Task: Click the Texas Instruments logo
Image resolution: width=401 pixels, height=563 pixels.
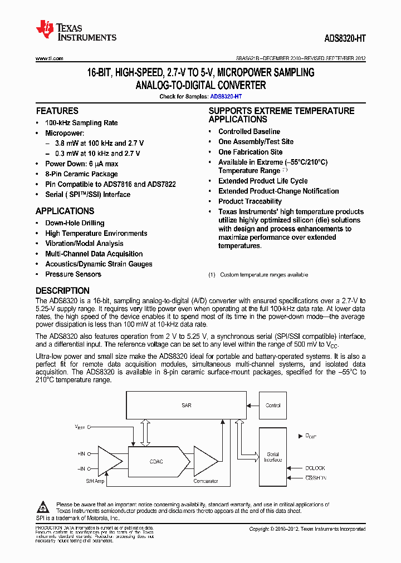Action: pyautogui.click(x=76, y=31)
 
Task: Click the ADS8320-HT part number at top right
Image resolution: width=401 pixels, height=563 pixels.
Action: pyautogui.click(x=345, y=39)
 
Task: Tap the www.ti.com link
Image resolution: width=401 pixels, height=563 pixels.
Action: pyautogui.click(x=49, y=58)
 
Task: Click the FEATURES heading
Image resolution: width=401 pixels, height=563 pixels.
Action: pyautogui.click(x=57, y=111)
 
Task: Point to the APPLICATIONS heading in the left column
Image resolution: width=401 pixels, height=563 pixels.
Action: pyautogui.click(x=65, y=211)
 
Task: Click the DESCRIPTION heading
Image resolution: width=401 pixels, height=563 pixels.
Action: pyautogui.click(x=62, y=290)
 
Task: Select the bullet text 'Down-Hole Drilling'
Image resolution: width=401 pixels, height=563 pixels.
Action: pyautogui.click(x=75, y=223)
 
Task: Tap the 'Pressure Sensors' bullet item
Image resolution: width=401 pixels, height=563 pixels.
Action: pyautogui.click(x=73, y=274)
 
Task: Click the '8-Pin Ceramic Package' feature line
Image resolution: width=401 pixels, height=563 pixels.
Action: pyautogui.click(x=81, y=174)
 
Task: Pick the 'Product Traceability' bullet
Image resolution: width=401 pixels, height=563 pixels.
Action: pyautogui.click(x=250, y=201)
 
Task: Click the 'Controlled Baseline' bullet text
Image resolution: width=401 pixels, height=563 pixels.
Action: pyautogui.click(x=249, y=131)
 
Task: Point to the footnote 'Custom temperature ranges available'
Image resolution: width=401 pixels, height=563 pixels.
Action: pyautogui.click(x=263, y=275)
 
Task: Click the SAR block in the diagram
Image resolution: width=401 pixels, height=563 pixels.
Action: pyautogui.click(x=187, y=406)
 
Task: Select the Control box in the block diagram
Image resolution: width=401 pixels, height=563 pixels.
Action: pyautogui.click(x=273, y=406)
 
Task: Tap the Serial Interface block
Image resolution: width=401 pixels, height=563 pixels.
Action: pyautogui.click(x=273, y=457)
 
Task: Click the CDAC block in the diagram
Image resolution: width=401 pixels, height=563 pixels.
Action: pyautogui.click(x=156, y=461)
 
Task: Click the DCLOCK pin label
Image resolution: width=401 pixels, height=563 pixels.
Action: pyautogui.click(x=315, y=468)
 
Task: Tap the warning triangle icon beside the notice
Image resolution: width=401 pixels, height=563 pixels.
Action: pyautogui.click(x=43, y=507)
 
